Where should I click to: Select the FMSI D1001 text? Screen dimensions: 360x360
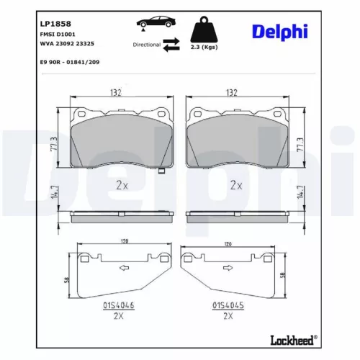[x=55, y=35]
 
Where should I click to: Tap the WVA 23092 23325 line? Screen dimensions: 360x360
[x=66, y=43]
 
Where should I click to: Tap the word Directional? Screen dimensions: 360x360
[x=146, y=45]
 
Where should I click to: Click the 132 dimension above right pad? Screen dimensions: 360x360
[x=232, y=91]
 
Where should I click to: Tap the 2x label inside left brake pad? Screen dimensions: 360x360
[x=122, y=184]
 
